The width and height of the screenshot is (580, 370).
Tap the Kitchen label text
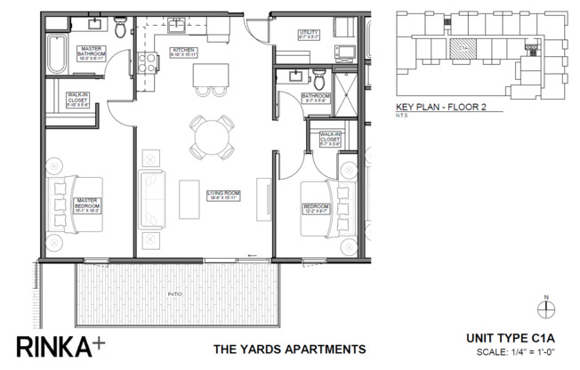pyautogui.click(x=183, y=51)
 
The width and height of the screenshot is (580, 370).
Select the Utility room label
pyautogui.click(x=310, y=36)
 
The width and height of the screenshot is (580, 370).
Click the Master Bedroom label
pyautogui.click(x=85, y=203)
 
